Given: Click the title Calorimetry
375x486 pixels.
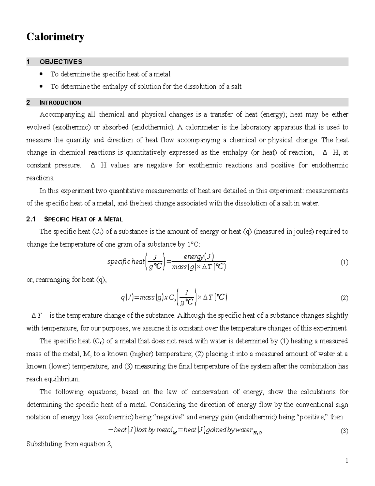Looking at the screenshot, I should click(x=55, y=37).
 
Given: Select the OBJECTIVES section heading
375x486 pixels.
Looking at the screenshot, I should click(x=61, y=62).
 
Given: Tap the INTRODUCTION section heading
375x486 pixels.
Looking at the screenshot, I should click(x=60, y=103).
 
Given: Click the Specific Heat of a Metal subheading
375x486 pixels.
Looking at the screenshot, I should click(x=83, y=219).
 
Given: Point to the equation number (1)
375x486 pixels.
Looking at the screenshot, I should click(x=344, y=262).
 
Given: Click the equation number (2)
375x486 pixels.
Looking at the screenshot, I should click(x=344, y=298).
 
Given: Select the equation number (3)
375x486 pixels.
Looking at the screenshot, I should click(x=344, y=431).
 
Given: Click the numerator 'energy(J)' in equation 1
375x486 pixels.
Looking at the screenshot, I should click(x=199, y=257).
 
